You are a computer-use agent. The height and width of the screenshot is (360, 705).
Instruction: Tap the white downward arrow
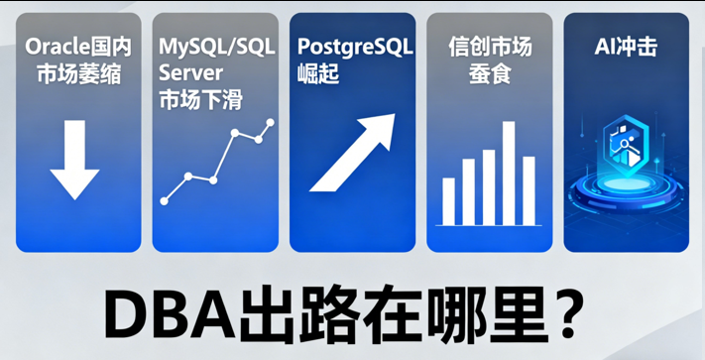click(75, 159)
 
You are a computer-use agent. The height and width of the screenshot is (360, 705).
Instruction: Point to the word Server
click(191, 73)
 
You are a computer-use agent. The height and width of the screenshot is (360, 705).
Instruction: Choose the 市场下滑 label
click(201, 100)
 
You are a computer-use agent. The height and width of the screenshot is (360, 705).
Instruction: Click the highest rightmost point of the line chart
click(270, 122)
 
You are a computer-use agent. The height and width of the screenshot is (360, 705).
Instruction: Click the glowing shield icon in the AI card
click(625, 149)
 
